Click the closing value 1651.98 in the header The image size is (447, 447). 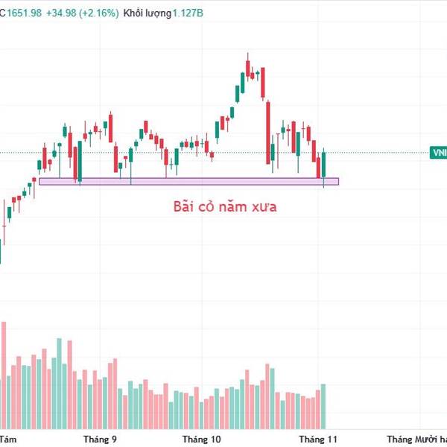click(x=26, y=13)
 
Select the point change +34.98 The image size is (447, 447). click(x=62, y=13)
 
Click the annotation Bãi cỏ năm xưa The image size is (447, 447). click(x=225, y=206)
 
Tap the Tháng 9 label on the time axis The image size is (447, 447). click(x=100, y=439)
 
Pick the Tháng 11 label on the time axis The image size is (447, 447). click(x=318, y=439)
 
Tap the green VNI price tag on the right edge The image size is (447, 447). click(x=439, y=153)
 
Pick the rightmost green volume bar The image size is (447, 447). click(x=323, y=406)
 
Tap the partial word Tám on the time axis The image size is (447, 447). click(x=8, y=439)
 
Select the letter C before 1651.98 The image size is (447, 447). click(x=3, y=13)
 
